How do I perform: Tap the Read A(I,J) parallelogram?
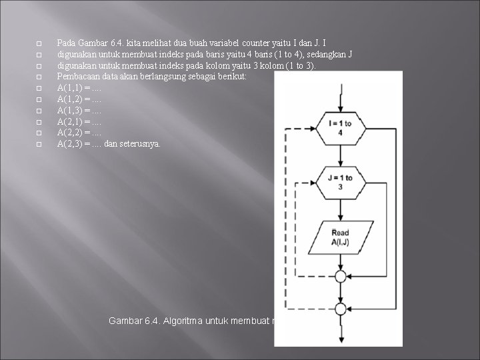coord(339,237)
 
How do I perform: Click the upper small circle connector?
coord(340,276)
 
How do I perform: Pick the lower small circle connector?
coord(340,309)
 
